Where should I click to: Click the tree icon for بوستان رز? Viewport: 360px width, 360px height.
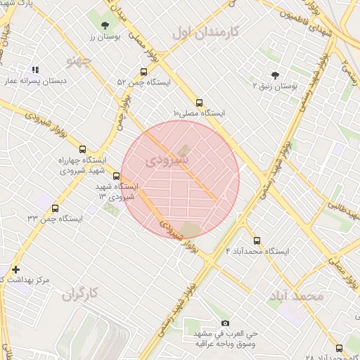[105, 25]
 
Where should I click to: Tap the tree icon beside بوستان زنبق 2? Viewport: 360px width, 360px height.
[274, 75]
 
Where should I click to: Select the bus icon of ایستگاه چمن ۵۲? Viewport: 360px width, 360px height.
[144, 72]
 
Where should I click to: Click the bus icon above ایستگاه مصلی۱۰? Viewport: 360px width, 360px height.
[199, 102]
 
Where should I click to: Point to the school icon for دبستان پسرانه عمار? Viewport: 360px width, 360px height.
[35, 70]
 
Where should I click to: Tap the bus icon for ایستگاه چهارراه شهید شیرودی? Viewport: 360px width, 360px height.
[82, 149]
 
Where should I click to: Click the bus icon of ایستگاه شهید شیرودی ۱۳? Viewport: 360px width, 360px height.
[125, 176]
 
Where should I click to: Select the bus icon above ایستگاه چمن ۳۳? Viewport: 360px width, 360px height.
[56, 208]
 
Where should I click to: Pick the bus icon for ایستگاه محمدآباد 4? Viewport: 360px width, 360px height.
[256, 240]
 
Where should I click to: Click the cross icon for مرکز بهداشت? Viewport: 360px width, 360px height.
[15, 269]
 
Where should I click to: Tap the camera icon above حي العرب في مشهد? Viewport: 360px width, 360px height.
[225, 323]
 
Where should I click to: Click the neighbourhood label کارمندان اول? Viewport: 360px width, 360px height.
[206, 32]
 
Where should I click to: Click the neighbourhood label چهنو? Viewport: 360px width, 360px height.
[79, 61]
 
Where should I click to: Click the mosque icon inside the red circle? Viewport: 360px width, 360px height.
[184, 150]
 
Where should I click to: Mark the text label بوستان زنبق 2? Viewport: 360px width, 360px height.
[275, 86]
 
